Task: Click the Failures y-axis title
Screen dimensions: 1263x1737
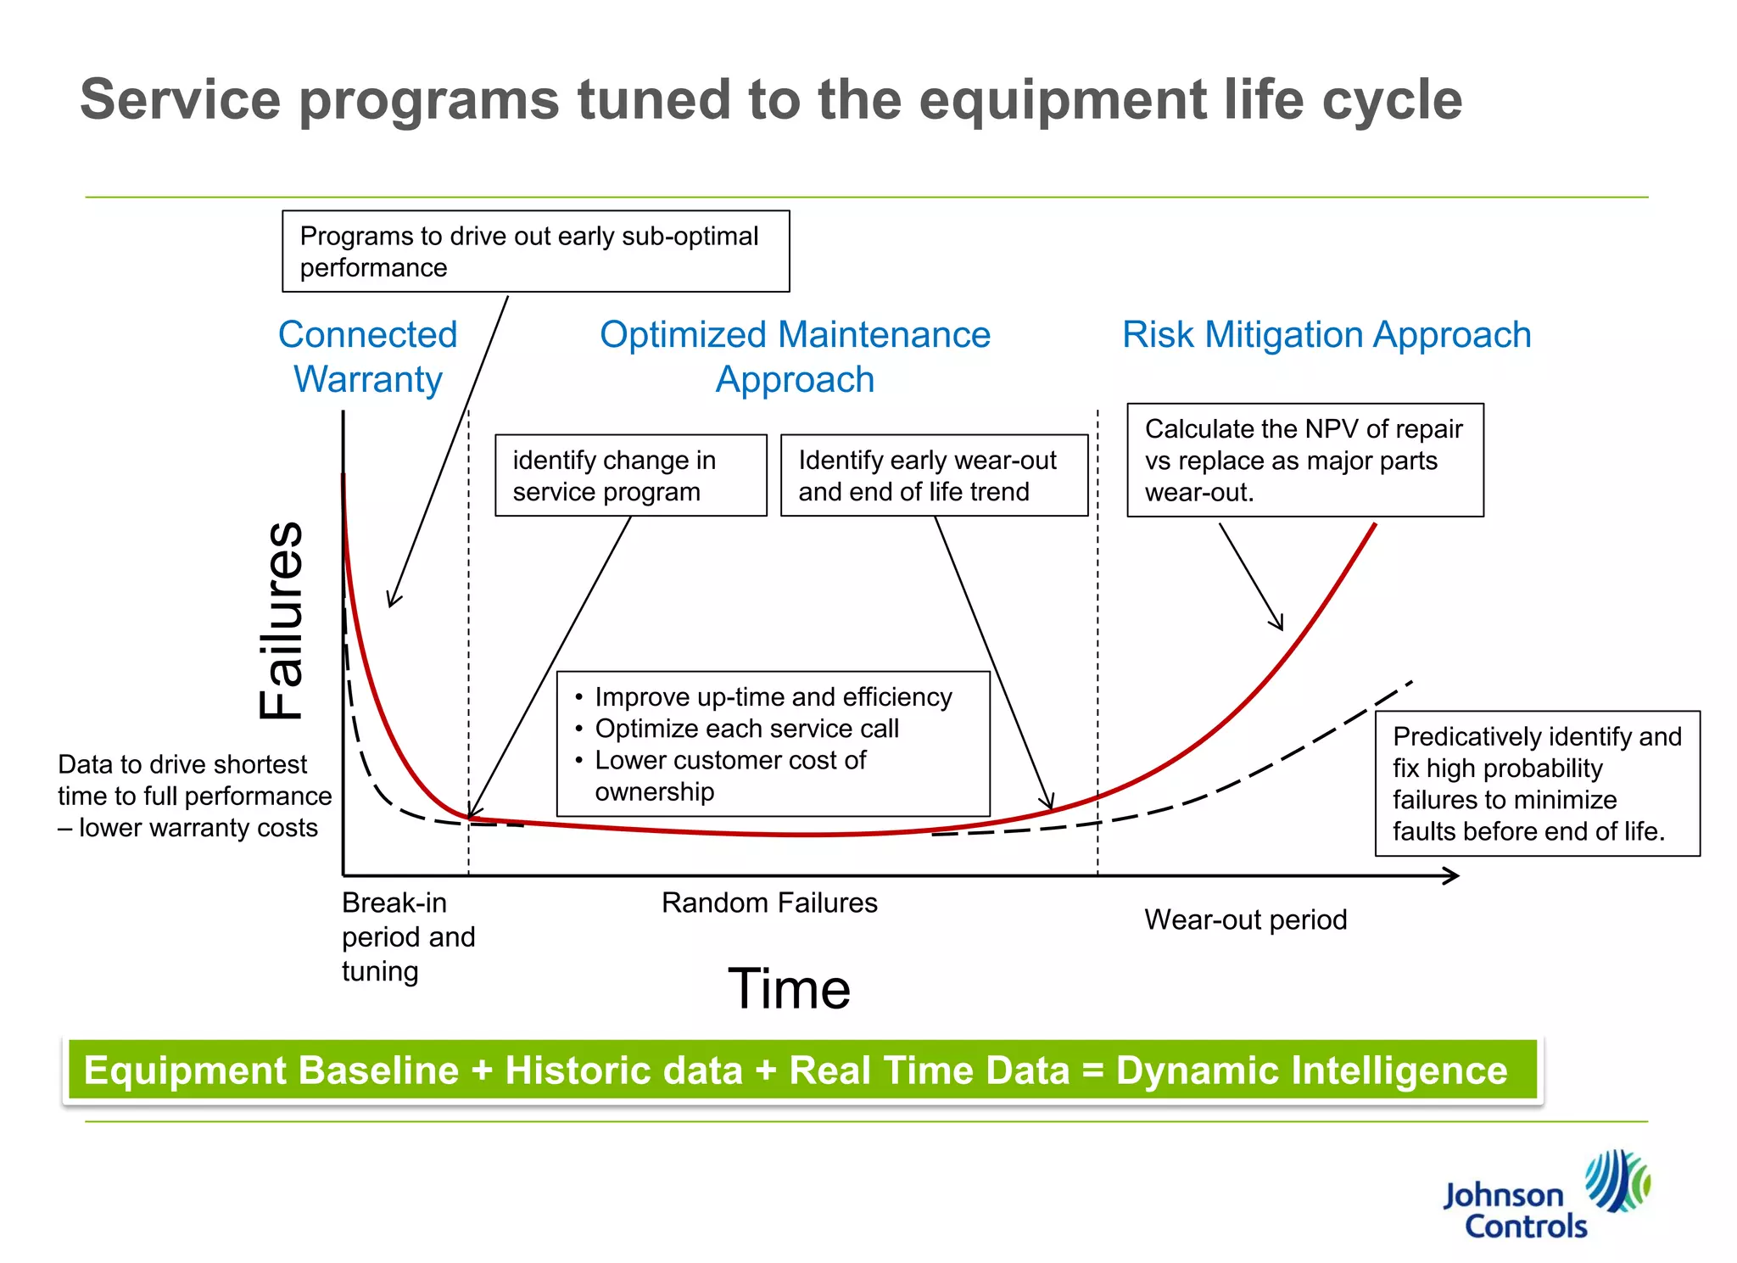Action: (x=282, y=620)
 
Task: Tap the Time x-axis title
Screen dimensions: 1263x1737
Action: (x=789, y=988)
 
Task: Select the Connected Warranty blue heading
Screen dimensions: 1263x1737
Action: (x=367, y=356)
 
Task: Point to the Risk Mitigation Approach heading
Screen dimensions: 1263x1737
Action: (x=1326, y=334)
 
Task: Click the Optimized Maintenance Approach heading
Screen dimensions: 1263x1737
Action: (x=795, y=356)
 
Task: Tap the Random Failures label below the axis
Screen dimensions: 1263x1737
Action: (x=768, y=903)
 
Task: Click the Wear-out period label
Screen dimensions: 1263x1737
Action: (x=1244, y=919)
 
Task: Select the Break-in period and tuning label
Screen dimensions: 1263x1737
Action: (x=407, y=936)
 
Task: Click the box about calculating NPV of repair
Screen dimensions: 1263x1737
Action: (x=1304, y=460)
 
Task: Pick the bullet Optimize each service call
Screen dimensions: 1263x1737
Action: (x=746, y=729)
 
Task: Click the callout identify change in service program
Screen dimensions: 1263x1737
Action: (x=630, y=475)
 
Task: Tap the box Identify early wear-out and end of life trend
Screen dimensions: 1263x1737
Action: (x=933, y=475)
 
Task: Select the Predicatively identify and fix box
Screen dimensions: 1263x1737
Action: (x=1536, y=783)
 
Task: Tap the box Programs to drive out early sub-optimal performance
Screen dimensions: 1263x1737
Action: (x=535, y=251)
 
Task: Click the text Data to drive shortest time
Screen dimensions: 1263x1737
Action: (x=193, y=796)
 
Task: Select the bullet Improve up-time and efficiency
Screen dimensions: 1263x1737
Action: (x=773, y=697)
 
